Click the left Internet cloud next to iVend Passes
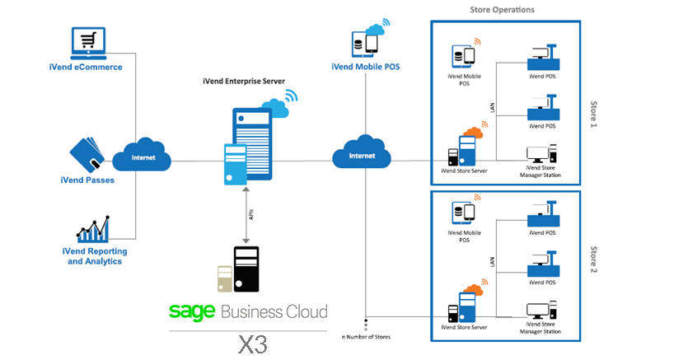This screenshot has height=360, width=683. [x=141, y=156]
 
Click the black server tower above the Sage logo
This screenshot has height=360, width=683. [x=246, y=269]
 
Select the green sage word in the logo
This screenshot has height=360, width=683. [x=192, y=311]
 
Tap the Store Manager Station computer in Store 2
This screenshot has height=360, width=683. [x=542, y=311]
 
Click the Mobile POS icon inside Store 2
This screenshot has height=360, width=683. [x=463, y=214]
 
